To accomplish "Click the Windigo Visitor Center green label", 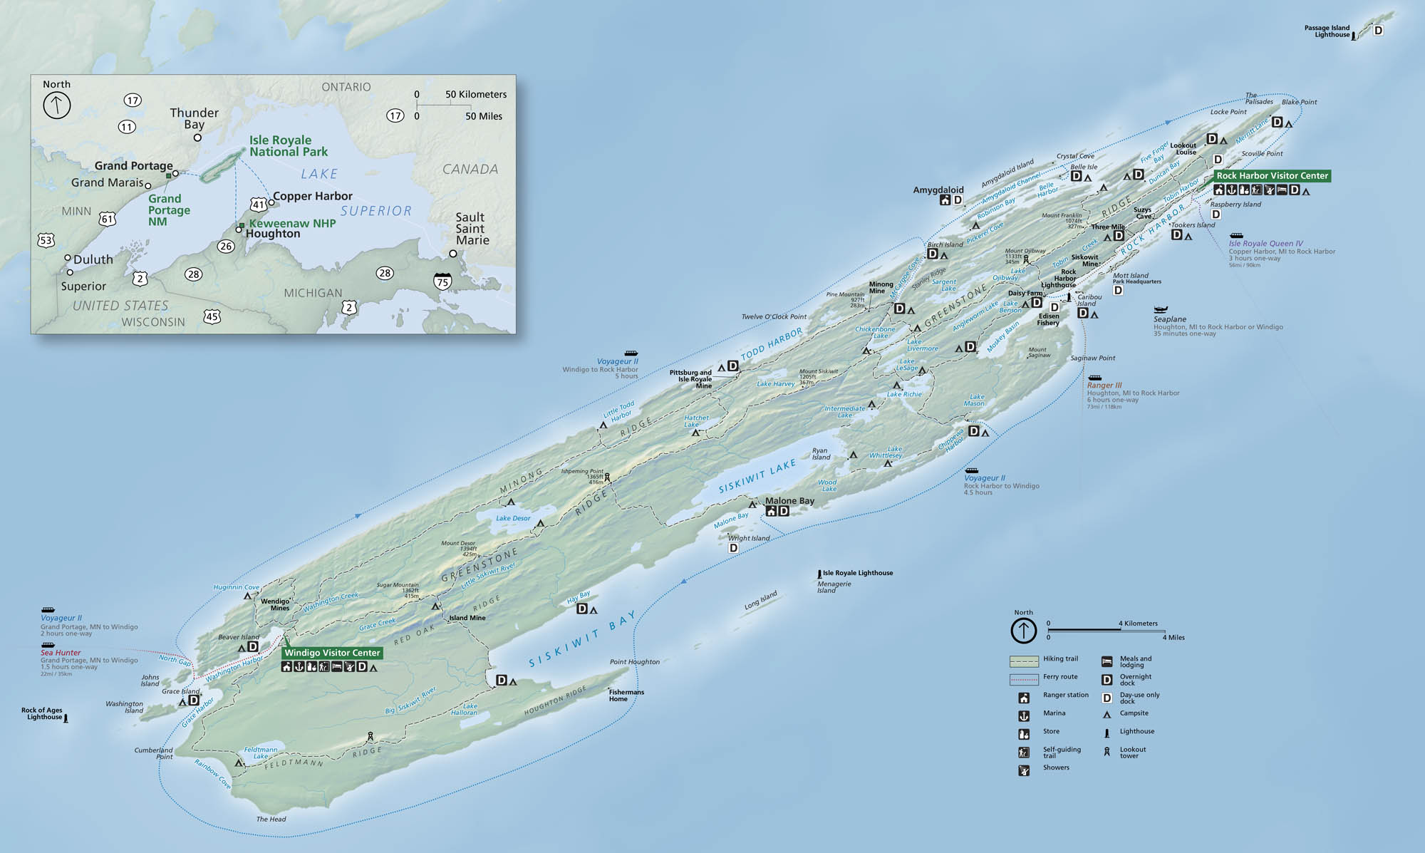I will click(332, 653).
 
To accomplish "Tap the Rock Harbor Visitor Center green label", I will click(1272, 176).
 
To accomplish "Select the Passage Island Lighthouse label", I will click(1327, 31).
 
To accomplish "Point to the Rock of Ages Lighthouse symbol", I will click(66, 719).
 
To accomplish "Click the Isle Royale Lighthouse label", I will click(858, 573).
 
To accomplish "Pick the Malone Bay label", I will click(789, 501).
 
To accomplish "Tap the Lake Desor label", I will click(513, 518).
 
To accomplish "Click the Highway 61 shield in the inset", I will click(107, 219).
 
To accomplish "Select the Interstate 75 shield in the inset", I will click(442, 281).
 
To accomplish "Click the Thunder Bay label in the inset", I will click(194, 118).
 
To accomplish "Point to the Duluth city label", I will click(93, 259).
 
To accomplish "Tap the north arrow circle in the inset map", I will click(57, 105).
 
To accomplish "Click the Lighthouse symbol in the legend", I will click(1107, 733).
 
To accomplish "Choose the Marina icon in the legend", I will click(1024, 715).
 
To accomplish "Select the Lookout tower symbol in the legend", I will click(1107, 751).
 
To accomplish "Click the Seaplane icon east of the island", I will click(1161, 309).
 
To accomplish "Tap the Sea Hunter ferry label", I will click(61, 653).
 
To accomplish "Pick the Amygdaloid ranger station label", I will click(938, 190).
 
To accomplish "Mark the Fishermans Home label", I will click(626, 696).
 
